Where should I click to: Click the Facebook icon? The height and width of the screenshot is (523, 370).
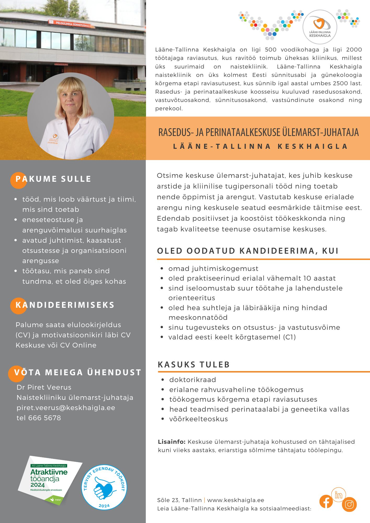pyautogui.click(x=326, y=502)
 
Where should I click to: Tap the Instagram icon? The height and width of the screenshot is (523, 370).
pyautogui.click(x=349, y=504)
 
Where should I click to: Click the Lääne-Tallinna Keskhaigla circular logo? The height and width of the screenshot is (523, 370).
pyautogui.click(x=320, y=27)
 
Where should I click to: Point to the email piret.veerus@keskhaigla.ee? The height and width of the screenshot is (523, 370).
pyautogui.click(x=66, y=408)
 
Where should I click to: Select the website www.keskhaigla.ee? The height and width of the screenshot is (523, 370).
pyautogui.click(x=236, y=500)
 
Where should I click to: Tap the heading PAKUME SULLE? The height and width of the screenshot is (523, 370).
pyautogui.click(x=53, y=179)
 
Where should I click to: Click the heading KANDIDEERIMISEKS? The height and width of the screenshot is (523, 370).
pyautogui.click(x=65, y=305)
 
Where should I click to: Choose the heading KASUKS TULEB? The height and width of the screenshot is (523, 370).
pyautogui.click(x=194, y=365)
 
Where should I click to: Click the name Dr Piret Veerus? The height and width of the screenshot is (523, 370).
pyautogui.click(x=44, y=387)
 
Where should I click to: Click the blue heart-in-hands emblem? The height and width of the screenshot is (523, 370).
pyautogui.click(x=104, y=487)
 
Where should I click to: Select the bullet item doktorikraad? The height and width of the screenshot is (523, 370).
pyautogui.click(x=193, y=380)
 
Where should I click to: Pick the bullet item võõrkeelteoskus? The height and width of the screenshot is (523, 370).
pyautogui.click(x=199, y=419)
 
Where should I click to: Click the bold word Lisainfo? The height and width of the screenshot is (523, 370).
pyautogui.click(x=172, y=442)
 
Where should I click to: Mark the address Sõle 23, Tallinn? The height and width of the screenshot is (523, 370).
pyautogui.click(x=180, y=500)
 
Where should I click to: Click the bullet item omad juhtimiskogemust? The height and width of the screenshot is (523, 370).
pyautogui.click(x=213, y=269)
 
